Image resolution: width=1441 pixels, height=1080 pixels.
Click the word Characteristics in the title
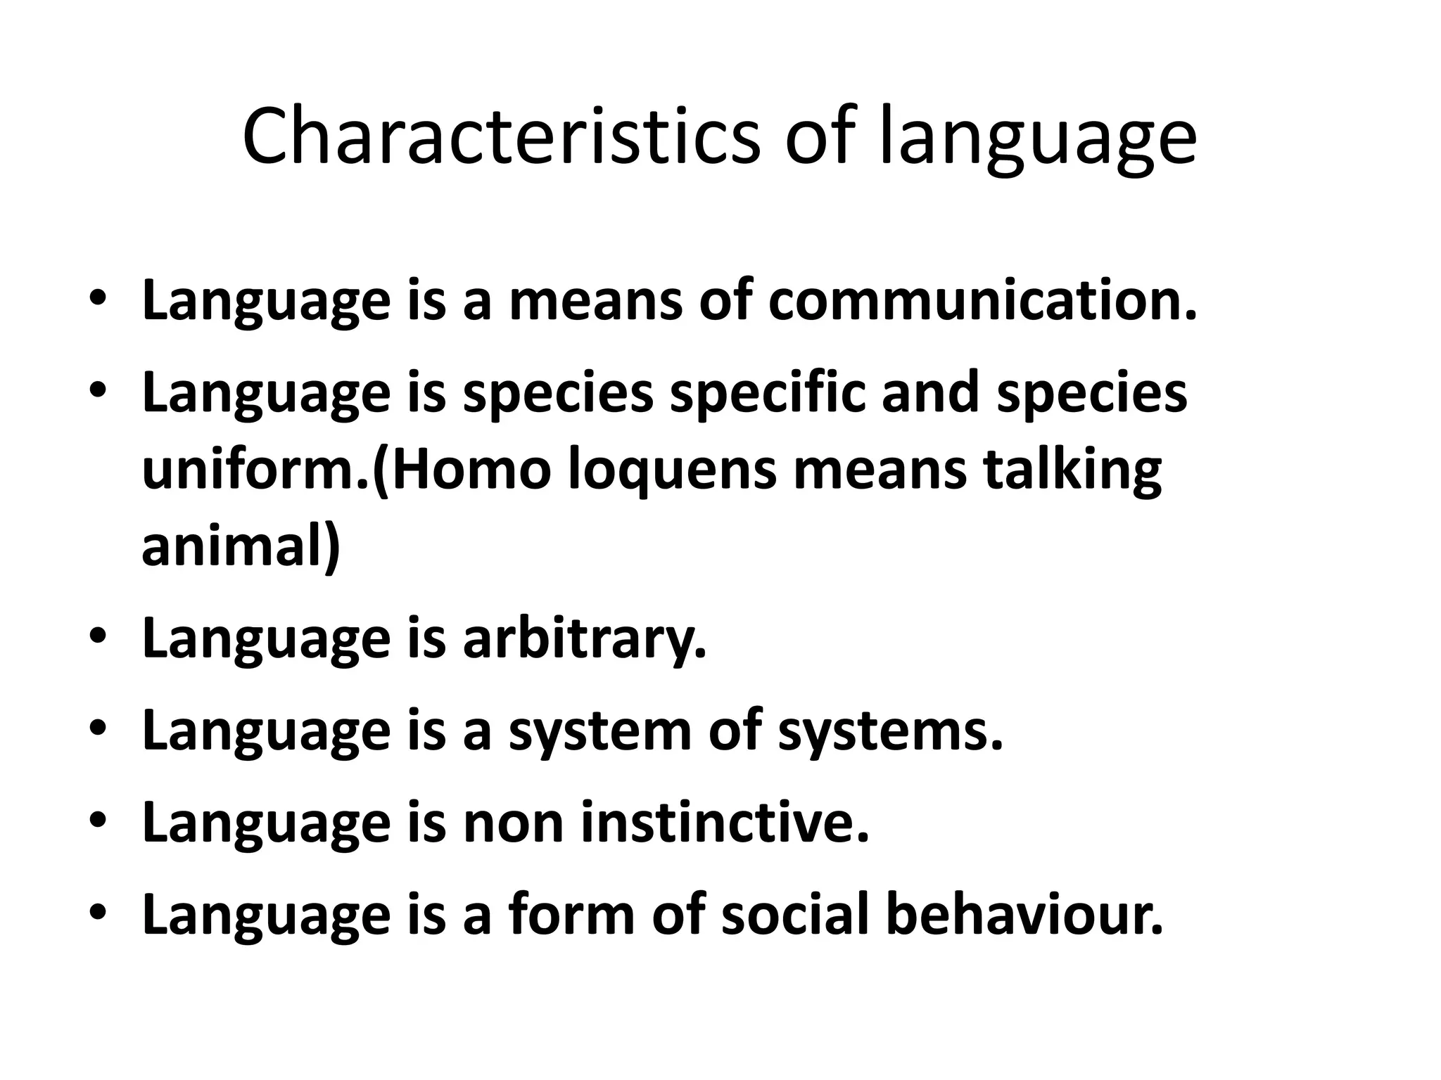(501, 138)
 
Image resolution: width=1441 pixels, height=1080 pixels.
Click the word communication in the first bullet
(982, 301)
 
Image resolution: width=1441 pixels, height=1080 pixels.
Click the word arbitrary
(584, 640)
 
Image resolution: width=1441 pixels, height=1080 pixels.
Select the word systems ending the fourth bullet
(890, 731)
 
